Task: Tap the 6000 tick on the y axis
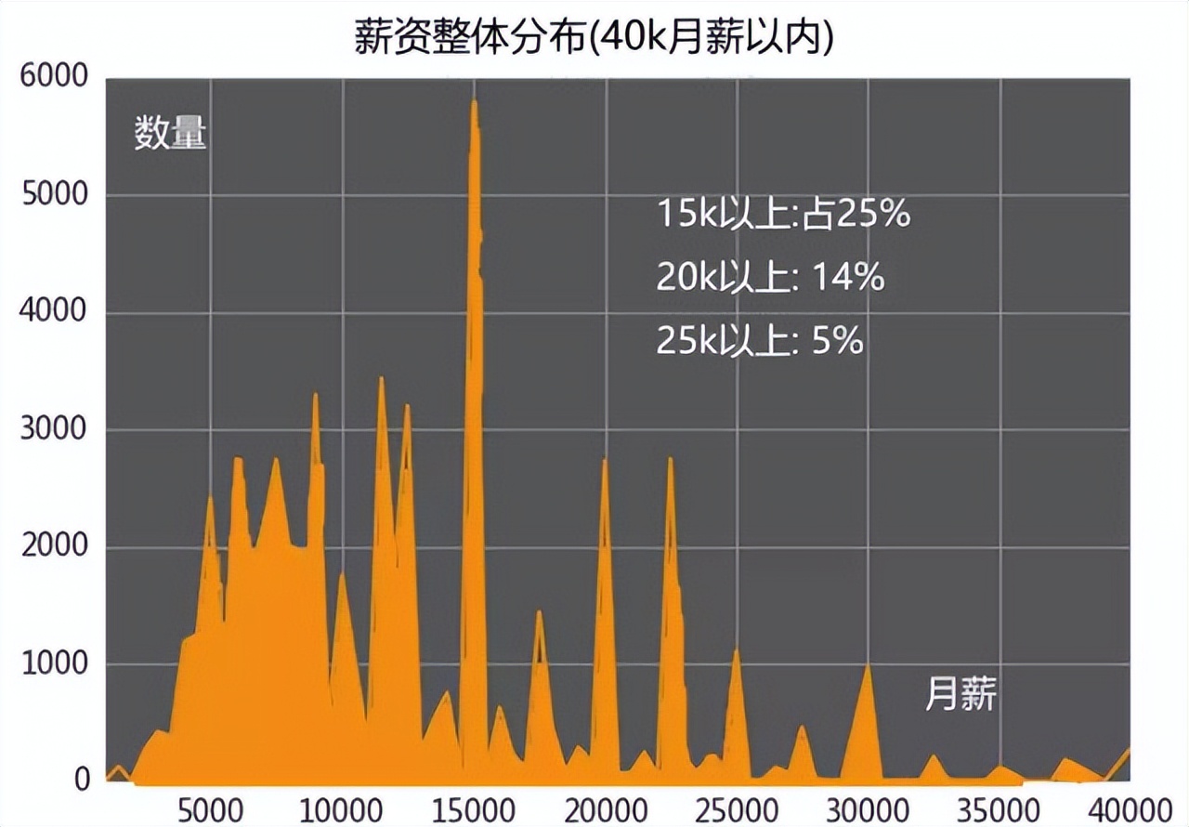point(54,78)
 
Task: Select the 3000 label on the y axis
point(54,430)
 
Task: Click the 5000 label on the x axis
point(209,805)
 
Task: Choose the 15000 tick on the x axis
point(473,805)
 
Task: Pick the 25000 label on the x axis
point(737,805)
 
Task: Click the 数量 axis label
point(170,135)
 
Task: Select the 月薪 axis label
point(960,693)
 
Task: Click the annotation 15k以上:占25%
point(783,215)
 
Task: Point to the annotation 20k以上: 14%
point(770,278)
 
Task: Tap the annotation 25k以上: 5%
point(760,342)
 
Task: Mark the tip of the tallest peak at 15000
point(474,100)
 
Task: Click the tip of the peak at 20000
point(605,459)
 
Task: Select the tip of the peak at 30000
point(868,663)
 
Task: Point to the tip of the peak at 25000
point(736,649)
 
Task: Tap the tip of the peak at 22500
point(670,458)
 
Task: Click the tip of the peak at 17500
point(539,611)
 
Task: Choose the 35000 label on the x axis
point(1000,805)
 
